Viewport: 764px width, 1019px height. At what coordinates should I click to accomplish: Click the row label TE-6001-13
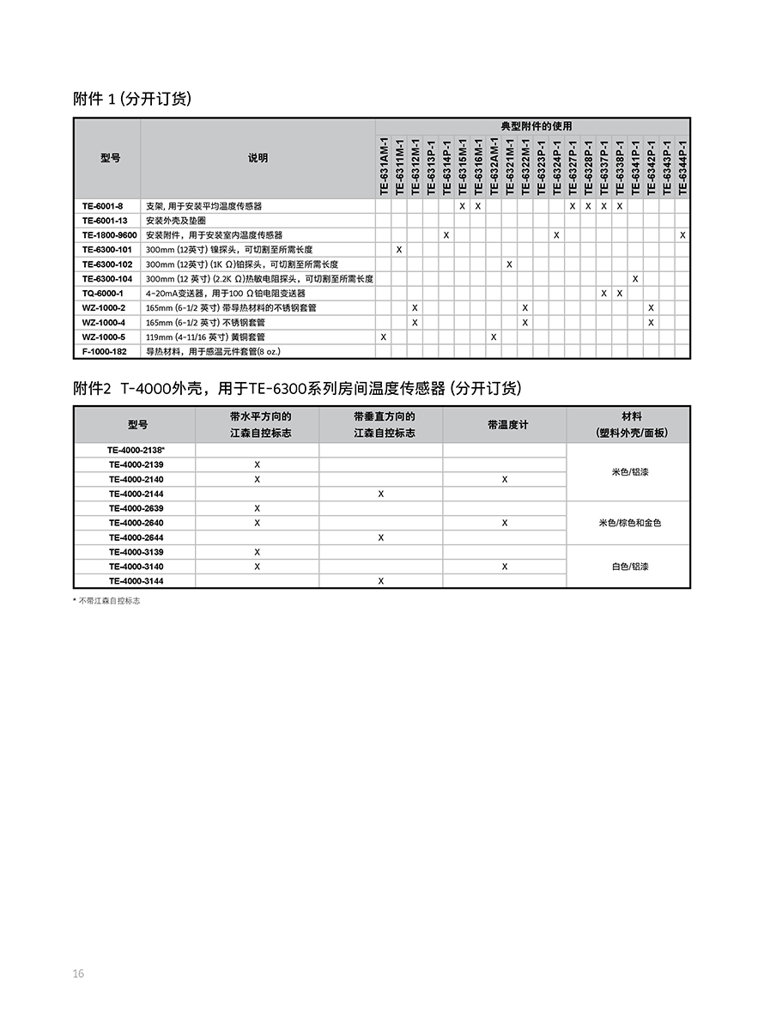coord(105,221)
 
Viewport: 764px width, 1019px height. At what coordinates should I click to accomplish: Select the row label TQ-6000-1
coord(103,293)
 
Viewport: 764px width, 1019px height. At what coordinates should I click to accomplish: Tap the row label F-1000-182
coord(105,351)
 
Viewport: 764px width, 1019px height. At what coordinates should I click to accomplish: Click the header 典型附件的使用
coord(536,126)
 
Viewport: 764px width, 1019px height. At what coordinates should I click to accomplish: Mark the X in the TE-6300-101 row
coord(399,249)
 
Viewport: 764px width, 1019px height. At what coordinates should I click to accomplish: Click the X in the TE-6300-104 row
coord(635,278)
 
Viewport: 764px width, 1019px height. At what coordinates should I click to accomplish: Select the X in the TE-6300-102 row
coord(509,264)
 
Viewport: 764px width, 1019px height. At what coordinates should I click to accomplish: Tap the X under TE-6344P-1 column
coord(682,234)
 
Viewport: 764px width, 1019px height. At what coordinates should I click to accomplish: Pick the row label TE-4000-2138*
coord(136,450)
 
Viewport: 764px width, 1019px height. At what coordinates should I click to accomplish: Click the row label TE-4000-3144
coord(136,581)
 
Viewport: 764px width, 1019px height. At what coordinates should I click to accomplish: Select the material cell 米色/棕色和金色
coord(629,523)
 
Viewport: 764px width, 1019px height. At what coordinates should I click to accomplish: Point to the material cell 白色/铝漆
coord(629,567)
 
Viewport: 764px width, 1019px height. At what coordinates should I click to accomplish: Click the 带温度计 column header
coord(505,425)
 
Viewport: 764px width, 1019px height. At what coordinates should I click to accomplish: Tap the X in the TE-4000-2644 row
coord(381,537)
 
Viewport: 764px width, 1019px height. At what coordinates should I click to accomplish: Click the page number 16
coord(78,973)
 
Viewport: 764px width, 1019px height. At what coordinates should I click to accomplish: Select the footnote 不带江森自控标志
coord(109,601)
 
